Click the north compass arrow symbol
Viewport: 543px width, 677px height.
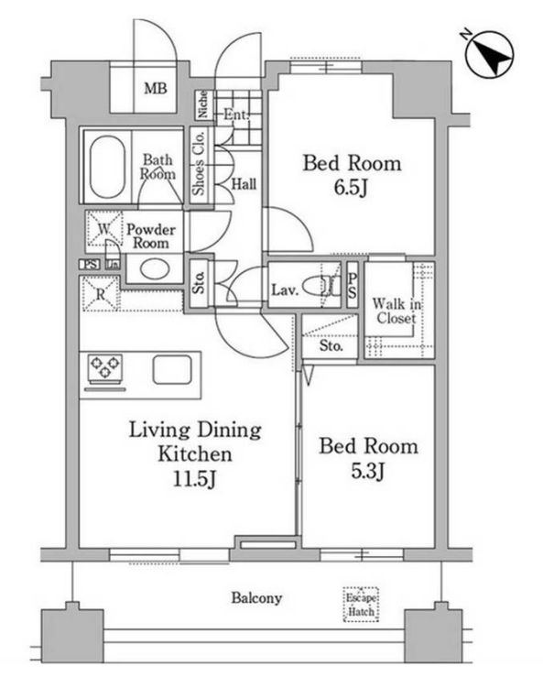pos(490,54)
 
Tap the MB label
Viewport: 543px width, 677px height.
pos(156,89)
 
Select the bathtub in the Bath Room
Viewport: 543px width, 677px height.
pos(107,167)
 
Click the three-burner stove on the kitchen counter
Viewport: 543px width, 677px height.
pos(105,368)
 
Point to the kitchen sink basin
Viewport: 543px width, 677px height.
pos(172,369)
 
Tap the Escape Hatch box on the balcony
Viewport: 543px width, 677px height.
pos(362,605)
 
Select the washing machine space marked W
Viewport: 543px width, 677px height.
pos(103,230)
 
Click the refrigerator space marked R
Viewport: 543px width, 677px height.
pos(101,294)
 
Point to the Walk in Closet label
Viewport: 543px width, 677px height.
pos(396,311)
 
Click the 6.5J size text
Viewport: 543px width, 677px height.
pos(351,188)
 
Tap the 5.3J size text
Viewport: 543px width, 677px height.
pos(367,471)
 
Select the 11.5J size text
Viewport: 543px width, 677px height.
pos(194,478)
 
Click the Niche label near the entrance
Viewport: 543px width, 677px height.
pos(203,105)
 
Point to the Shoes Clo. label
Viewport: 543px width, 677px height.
pos(199,162)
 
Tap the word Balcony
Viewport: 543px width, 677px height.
pos(256,598)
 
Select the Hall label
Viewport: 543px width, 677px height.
pos(244,184)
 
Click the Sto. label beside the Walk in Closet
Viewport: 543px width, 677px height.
pos(331,346)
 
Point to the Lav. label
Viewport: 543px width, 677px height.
pos(285,289)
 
